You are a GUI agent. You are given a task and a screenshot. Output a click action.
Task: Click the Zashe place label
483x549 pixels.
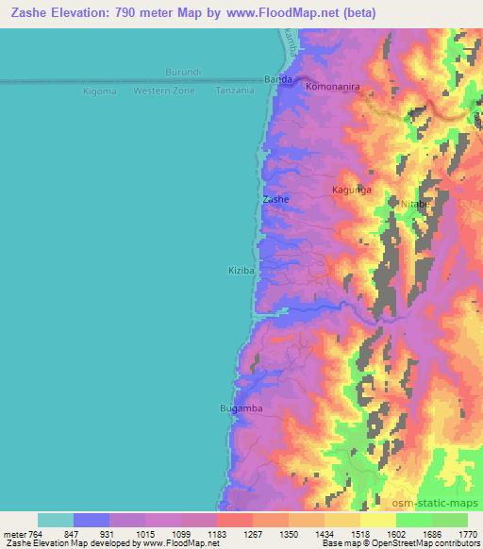coord(275,200)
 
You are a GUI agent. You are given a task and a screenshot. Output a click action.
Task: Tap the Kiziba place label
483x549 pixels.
coord(241,270)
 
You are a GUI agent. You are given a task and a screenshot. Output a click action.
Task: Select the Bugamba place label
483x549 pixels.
coord(240,408)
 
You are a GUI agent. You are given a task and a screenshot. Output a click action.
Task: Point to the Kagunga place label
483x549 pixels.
coord(352,190)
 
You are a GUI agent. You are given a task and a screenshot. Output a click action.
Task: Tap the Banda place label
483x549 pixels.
coord(278,79)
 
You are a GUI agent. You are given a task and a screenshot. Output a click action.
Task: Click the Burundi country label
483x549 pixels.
coord(183,73)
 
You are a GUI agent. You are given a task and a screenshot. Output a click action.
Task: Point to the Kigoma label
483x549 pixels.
coord(99,91)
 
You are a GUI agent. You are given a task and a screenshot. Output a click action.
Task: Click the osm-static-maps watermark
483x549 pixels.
coord(442,501)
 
